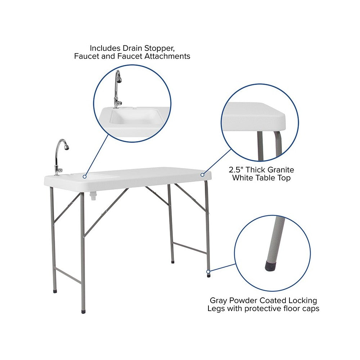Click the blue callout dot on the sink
tap(85, 176)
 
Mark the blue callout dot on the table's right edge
tap(202, 174)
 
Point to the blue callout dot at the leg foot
tap(208, 271)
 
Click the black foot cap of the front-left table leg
tap(83, 311)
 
